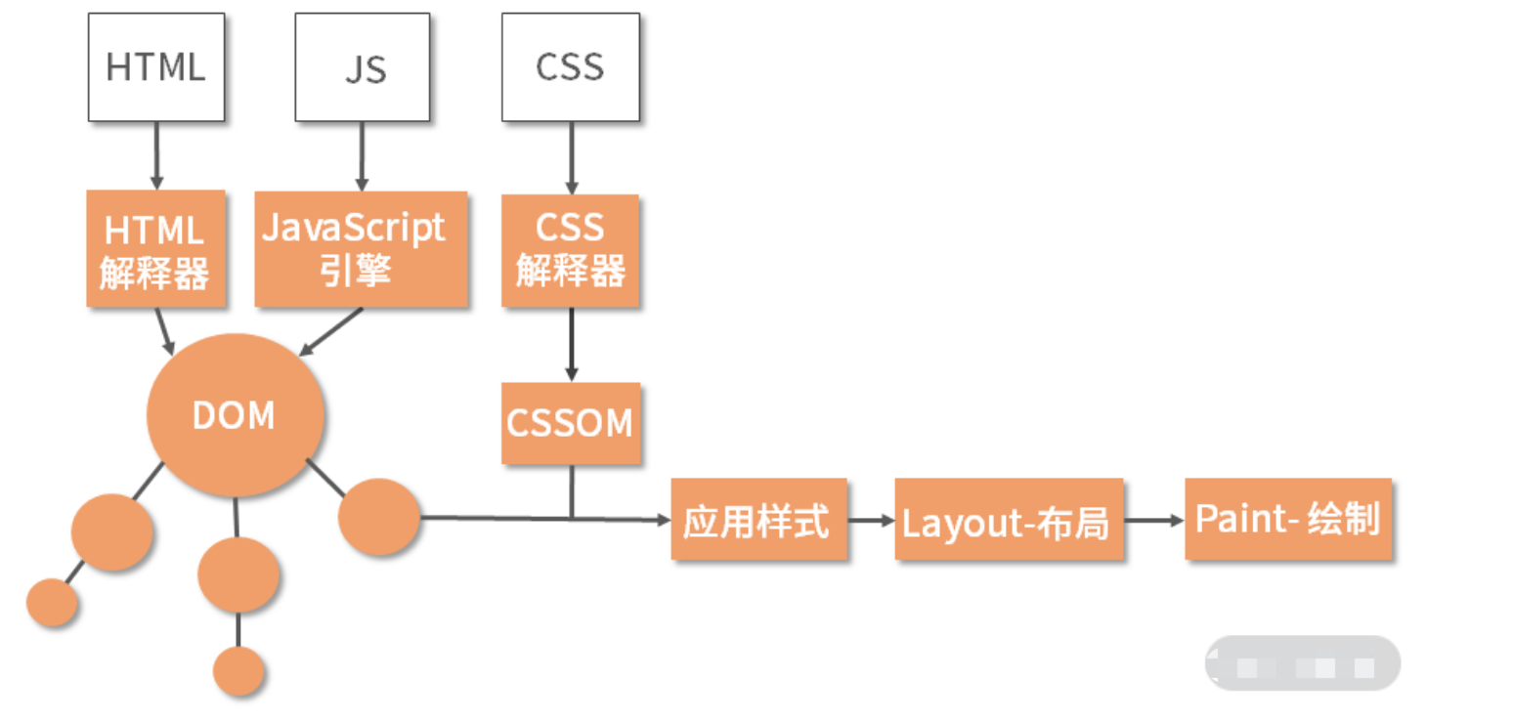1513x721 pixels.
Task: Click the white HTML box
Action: coord(156,66)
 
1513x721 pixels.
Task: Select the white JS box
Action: coord(364,66)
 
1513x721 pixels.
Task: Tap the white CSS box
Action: coord(571,66)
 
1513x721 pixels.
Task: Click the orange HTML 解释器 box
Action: coord(156,248)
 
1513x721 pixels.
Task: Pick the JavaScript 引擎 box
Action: coord(362,248)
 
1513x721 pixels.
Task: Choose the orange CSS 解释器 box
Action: coord(571,250)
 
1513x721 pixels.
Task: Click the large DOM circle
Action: coord(235,414)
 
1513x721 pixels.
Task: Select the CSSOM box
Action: coord(571,422)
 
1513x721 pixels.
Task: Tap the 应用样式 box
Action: coord(758,520)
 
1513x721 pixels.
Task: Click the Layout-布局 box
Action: coord(1008,520)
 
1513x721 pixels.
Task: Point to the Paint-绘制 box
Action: coord(1288,520)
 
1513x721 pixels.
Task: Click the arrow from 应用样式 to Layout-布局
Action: coord(871,521)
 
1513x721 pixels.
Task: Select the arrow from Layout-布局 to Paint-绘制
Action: coord(1153,521)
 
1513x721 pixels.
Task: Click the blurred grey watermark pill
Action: coord(1302,664)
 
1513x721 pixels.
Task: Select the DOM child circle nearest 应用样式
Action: coord(379,517)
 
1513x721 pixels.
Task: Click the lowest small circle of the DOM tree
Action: coord(238,670)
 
